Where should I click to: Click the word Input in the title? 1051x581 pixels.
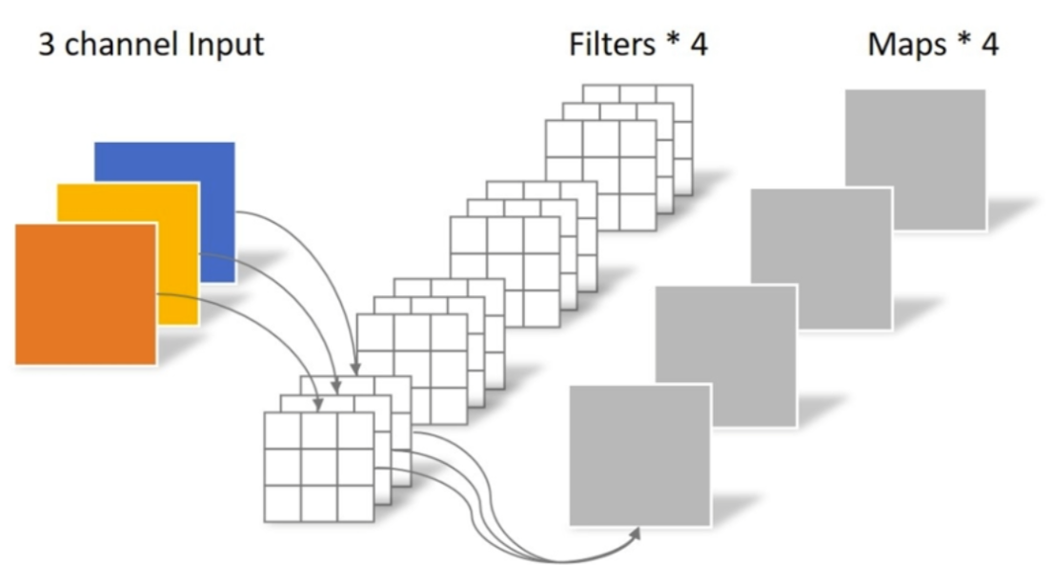(217, 44)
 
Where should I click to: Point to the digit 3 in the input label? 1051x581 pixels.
(46, 44)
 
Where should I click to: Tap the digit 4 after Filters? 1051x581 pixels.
(699, 44)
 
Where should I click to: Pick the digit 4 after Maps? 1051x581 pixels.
(990, 44)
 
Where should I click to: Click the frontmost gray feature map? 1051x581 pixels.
(639, 454)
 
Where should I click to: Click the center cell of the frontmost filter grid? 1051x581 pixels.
(318, 467)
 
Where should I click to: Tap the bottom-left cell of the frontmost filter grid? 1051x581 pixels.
(282, 503)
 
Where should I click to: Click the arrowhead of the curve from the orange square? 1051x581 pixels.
(317, 408)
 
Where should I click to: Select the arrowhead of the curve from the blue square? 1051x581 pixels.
(354, 369)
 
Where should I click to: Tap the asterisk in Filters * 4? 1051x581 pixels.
(676, 42)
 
